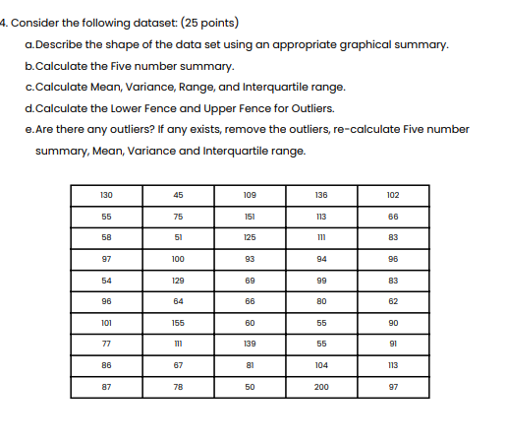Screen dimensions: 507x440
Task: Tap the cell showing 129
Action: pyautogui.click(x=177, y=281)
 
